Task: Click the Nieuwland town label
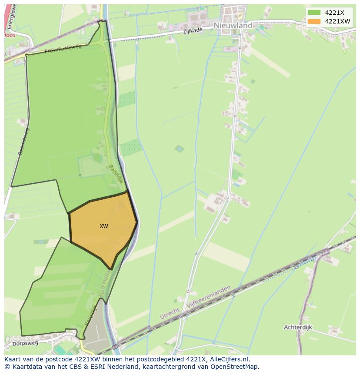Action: click(x=233, y=26)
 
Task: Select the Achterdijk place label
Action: click(x=298, y=327)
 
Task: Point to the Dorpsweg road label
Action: click(x=26, y=343)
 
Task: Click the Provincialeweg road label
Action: click(x=63, y=48)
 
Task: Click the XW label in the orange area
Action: click(x=103, y=226)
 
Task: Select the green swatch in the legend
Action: click(x=313, y=13)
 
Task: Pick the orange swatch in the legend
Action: click(x=313, y=21)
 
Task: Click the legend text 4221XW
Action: click(x=337, y=21)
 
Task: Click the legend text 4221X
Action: click(x=334, y=13)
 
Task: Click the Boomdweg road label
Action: click(x=22, y=142)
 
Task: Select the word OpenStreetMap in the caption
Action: click(x=234, y=367)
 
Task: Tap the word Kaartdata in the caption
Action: click(x=24, y=367)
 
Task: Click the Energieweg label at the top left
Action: click(x=12, y=16)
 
